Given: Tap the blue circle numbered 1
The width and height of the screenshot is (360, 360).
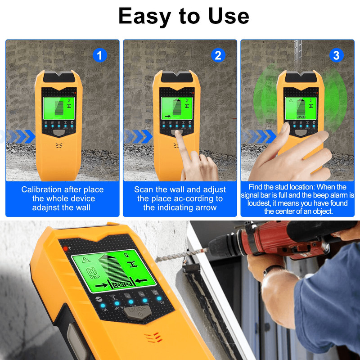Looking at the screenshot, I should (x=100, y=55).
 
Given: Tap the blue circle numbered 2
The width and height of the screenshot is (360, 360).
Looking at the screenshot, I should (x=218, y=55).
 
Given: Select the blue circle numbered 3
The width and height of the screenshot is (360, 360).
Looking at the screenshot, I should (x=336, y=55).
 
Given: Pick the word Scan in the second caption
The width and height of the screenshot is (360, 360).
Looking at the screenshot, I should (x=144, y=189).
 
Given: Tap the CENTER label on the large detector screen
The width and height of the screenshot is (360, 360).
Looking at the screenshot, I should (x=122, y=284).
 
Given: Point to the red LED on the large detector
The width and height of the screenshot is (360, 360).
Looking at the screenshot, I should (x=65, y=248).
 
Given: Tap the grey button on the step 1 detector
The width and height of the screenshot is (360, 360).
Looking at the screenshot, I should (x=59, y=134).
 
